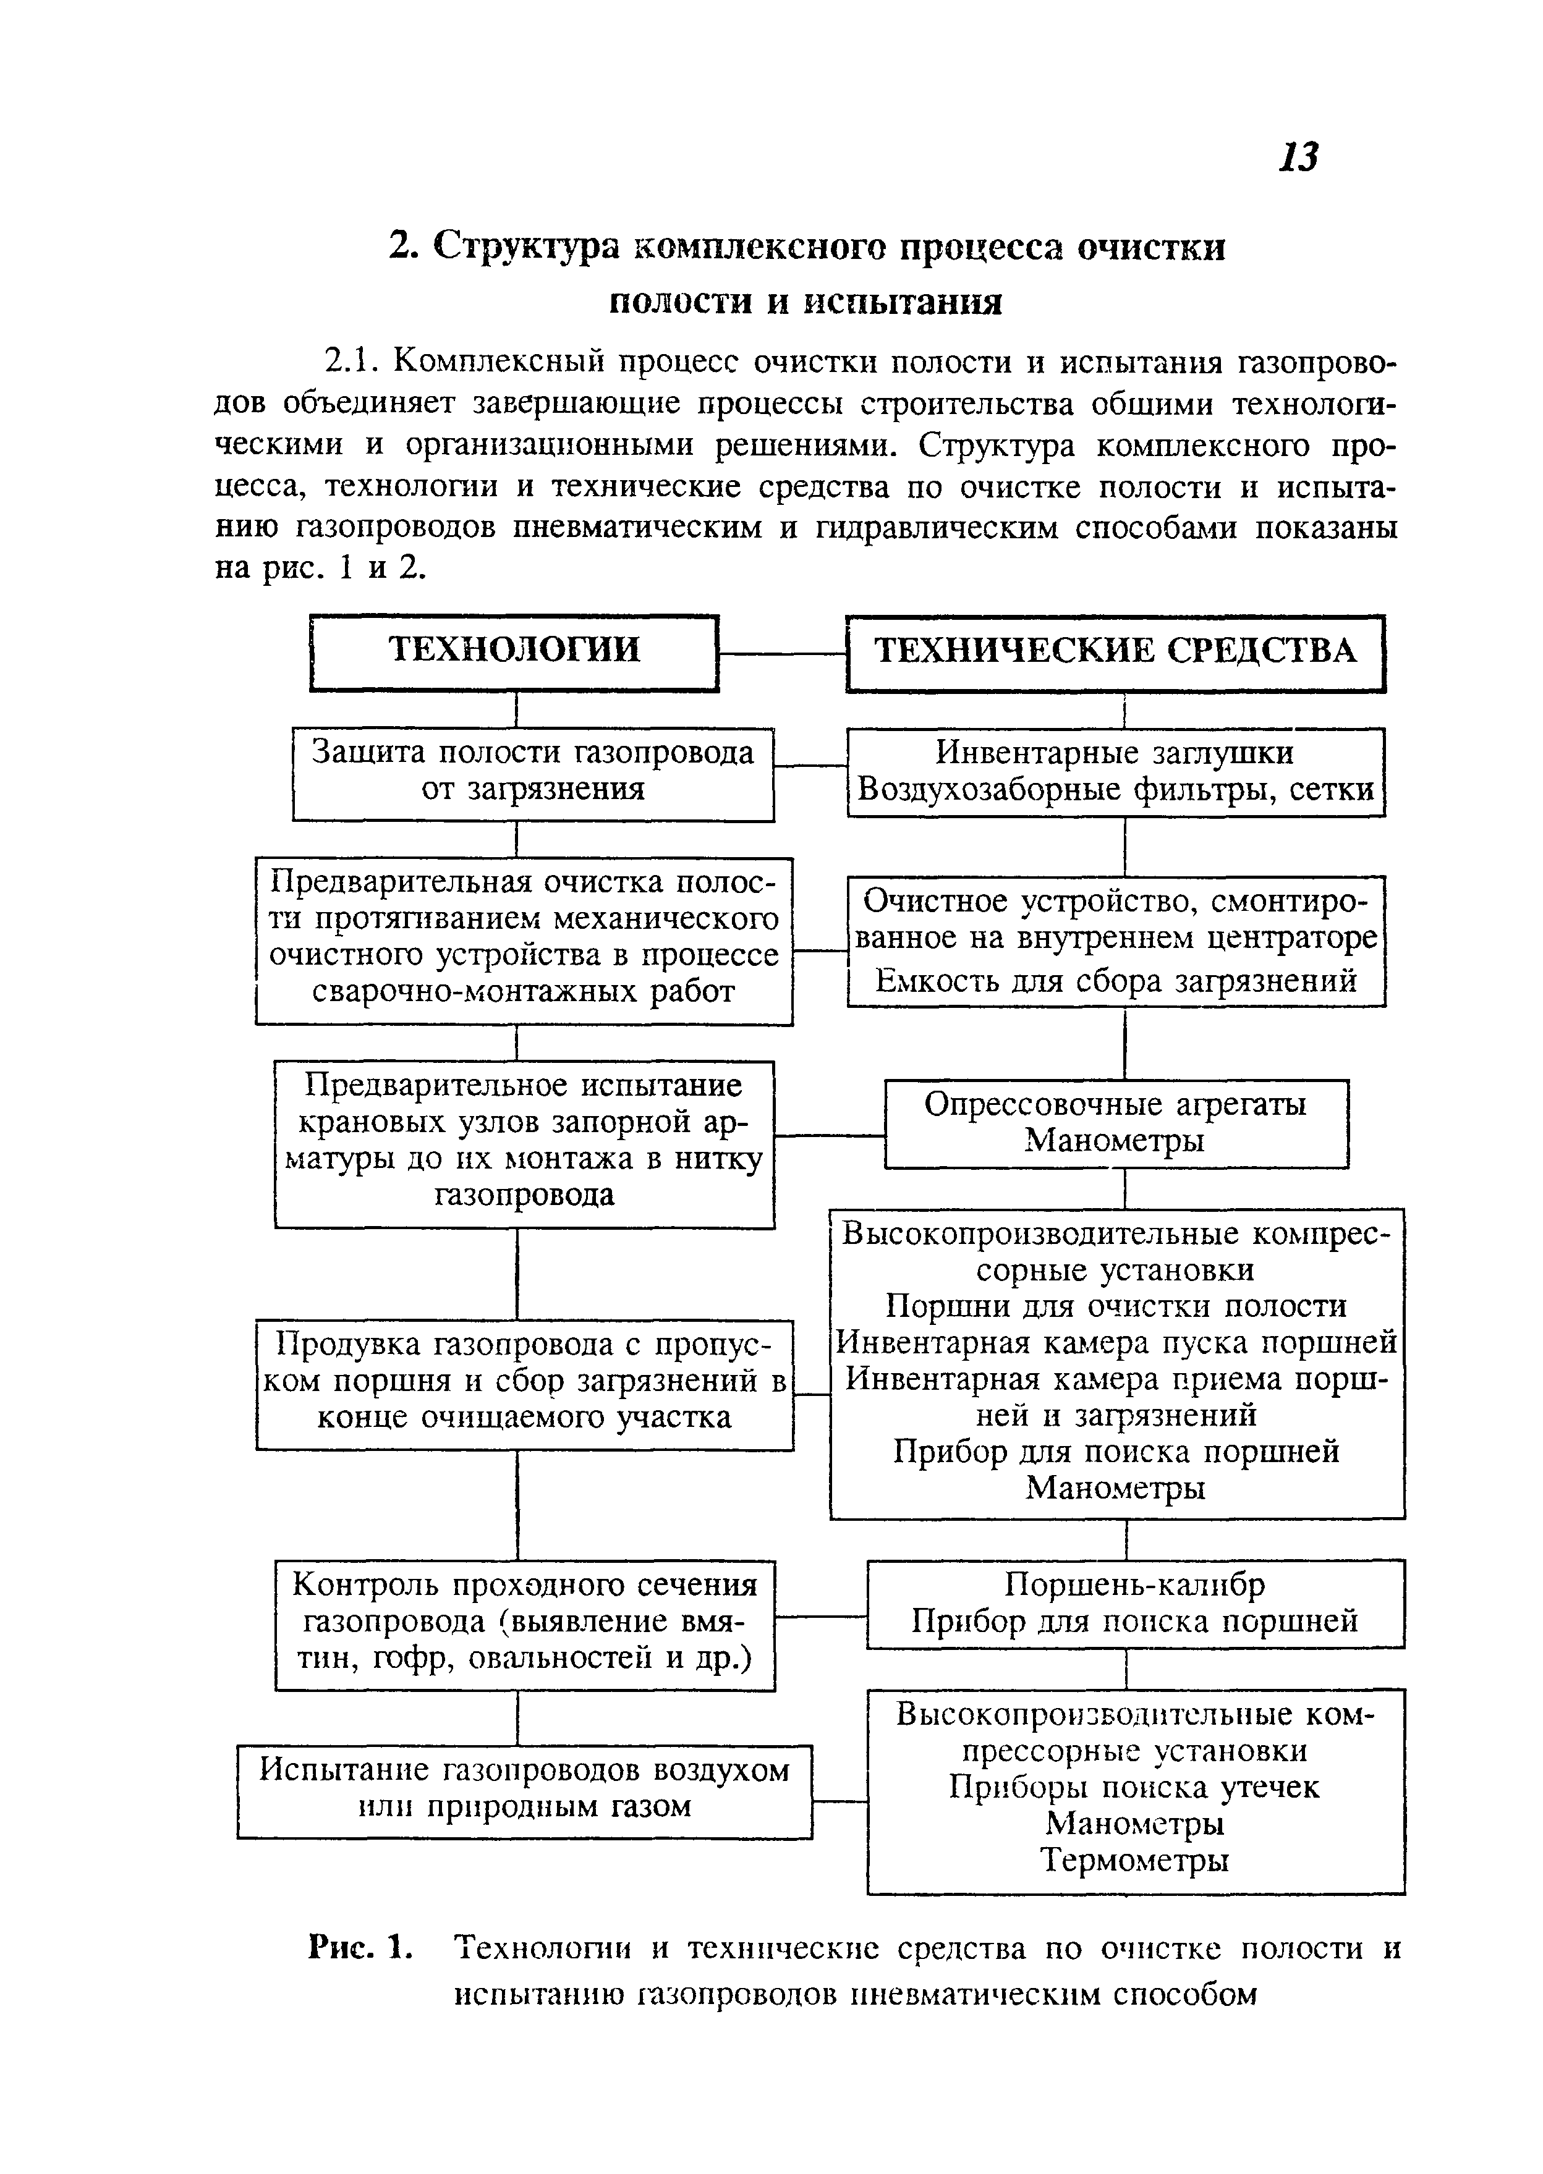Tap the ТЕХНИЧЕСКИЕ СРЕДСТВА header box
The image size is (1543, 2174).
point(1115,653)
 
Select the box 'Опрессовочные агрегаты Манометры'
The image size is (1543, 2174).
point(1115,1123)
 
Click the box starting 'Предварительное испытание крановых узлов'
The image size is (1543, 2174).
point(524,1143)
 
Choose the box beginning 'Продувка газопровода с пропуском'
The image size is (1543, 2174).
point(524,1383)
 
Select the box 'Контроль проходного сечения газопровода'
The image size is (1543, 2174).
point(524,1624)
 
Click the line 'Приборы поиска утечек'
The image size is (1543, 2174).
point(1134,1787)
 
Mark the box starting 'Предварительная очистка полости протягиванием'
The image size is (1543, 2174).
point(524,938)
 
